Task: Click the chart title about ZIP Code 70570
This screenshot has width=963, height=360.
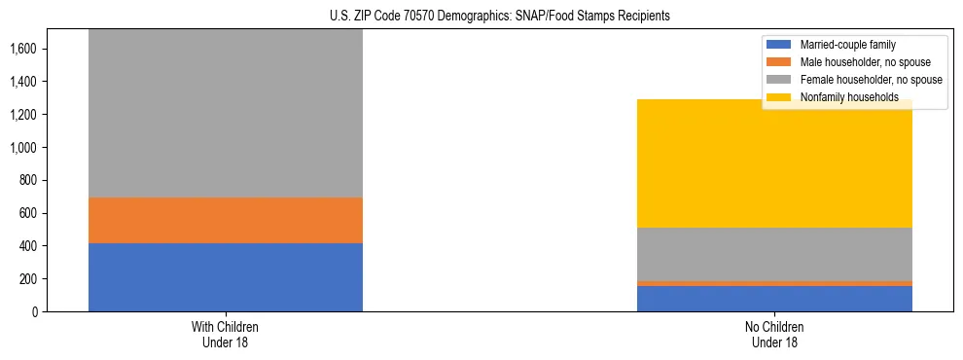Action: pyautogui.click(x=481, y=17)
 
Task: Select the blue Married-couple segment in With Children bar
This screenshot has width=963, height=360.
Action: pyautogui.click(x=225, y=277)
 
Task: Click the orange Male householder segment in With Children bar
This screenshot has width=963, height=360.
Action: pyautogui.click(x=225, y=220)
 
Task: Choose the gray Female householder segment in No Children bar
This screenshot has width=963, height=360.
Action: pyautogui.click(x=774, y=254)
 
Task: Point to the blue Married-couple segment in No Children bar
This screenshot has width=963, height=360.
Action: pyautogui.click(x=774, y=299)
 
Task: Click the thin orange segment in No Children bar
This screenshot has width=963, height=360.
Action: pyautogui.click(x=774, y=283)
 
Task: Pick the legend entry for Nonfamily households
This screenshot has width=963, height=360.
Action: pyautogui.click(x=842, y=97)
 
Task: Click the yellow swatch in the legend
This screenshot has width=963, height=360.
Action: pyautogui.click(x=780, y=97)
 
